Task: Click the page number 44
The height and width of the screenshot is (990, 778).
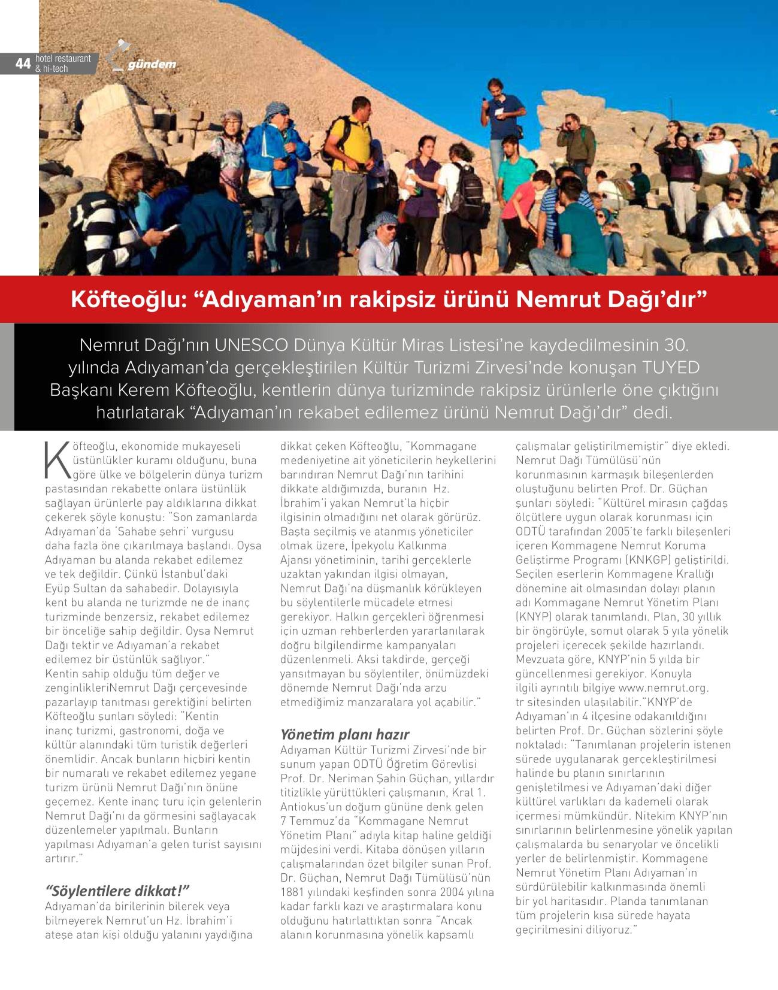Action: (23, 63)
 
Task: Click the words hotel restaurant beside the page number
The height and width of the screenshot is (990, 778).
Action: (63, 59)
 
